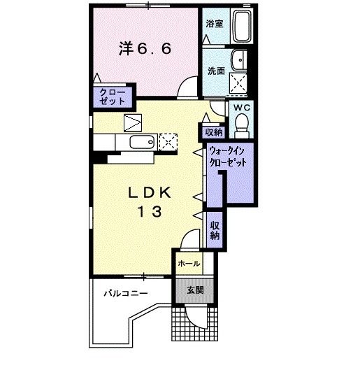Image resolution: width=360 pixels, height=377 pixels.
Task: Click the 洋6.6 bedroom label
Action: (x=145, y=50)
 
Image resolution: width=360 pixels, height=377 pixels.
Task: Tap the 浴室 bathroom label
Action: (x=215, y=24)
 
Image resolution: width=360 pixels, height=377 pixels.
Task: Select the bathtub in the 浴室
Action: (x=243, y=27)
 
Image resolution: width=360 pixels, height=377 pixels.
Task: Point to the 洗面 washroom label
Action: (x=215, y=71)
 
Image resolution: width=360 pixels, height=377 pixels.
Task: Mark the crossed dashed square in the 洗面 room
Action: (x=240, y=83)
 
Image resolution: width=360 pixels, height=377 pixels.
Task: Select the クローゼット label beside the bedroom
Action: (x=109, y=97)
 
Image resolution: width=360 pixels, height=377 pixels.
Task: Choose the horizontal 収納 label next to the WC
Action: (x=213, y=131)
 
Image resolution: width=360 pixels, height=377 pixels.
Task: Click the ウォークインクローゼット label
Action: (x=229, y=156)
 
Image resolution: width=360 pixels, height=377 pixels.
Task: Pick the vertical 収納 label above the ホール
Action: (x=214, y=229)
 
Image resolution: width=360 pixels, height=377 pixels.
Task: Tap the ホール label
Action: (x=189, y=264)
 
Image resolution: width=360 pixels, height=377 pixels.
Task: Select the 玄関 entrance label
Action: (x=195, y=290)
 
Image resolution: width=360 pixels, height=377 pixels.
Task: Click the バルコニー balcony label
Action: (x=127, y=292)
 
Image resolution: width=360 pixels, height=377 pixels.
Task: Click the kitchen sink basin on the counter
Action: (x=140, y=143)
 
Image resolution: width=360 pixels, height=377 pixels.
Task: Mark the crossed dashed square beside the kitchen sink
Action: (x=168, y=143)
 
